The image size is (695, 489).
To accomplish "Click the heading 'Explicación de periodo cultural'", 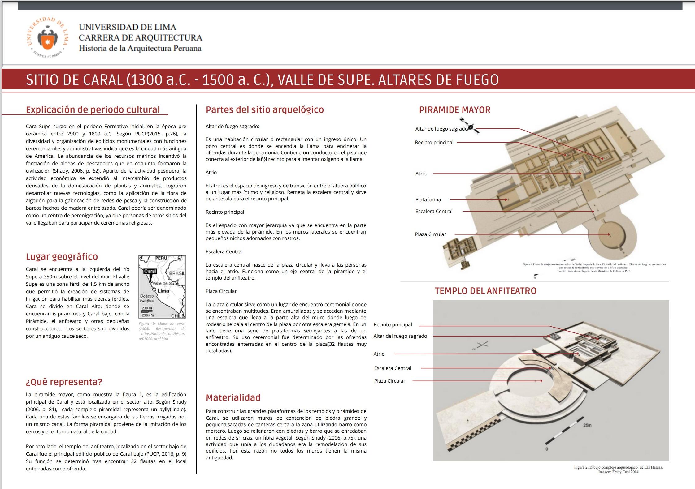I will coord(93,110).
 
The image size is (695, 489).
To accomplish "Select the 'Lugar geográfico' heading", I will coord(62,257).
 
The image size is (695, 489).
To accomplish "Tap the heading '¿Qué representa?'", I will coord(64,382).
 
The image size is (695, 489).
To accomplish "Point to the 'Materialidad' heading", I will coord(233,397).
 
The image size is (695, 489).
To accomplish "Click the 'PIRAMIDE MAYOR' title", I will coord(455,110).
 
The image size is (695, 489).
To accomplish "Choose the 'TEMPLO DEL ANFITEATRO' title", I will coord(485,291).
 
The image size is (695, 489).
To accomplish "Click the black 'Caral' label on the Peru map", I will coord(150,271).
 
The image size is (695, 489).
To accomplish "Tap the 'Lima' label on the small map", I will coord(163,291).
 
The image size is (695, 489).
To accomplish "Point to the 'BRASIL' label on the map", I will coord(177,273).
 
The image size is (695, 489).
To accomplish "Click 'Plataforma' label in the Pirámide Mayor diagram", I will coord(428,200).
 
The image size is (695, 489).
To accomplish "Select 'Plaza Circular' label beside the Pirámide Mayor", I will coord(430,234).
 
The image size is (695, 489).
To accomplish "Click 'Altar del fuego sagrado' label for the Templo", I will coord(400,336).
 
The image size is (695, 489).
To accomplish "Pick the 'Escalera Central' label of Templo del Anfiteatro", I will coord(392,368).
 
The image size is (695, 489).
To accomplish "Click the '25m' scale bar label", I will coord(587,425).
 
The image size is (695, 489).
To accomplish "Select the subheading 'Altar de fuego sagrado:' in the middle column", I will coord(232,127).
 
